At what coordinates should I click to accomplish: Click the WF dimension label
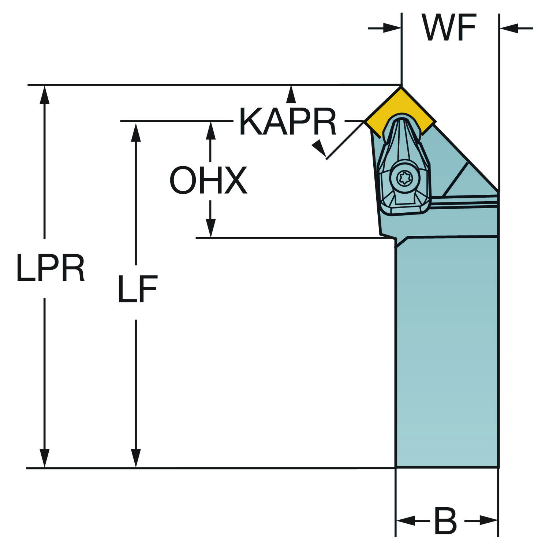(449, 28)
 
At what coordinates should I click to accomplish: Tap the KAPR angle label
(288, 122)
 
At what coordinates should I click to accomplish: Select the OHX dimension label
(208, 180)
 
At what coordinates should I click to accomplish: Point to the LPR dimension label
(51, 268)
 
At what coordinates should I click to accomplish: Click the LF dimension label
(138, 289)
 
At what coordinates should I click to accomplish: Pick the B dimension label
(445, 520)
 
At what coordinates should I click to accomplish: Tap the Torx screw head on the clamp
(404, 179)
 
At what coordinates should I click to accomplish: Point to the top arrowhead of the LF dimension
(136, 132)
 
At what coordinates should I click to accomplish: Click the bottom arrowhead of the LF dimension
(136, 458)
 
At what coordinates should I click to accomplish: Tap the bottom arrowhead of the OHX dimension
(210, 228)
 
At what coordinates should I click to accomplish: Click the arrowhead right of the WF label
(509, 28)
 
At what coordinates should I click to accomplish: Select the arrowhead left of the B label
(406, 520)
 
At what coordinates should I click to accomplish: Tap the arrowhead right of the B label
(488, 520)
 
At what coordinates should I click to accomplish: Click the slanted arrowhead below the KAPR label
(319, 149)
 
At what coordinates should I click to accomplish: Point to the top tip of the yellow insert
(402, 86)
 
